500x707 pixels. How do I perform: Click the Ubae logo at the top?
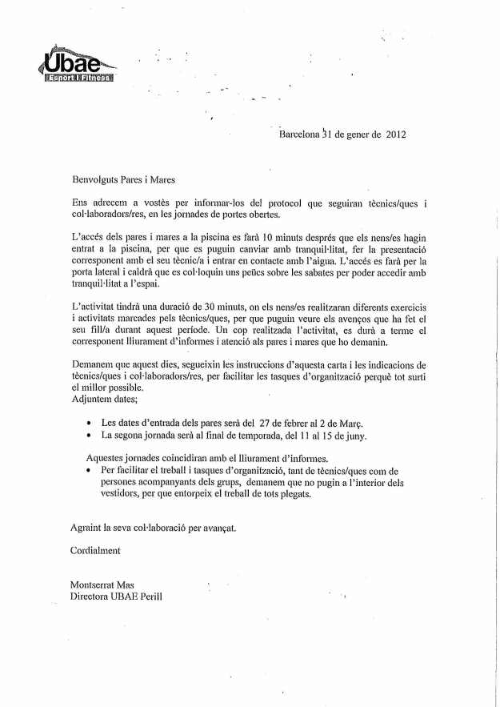click(x=78, y=65)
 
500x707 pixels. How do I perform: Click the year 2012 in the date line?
click(x=396, y=135)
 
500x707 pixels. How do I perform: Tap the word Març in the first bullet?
click(x=371, y=422)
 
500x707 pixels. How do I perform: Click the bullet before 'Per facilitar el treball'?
click(x=89, y=471)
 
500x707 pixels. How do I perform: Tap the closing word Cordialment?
click(x=95, y=551)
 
